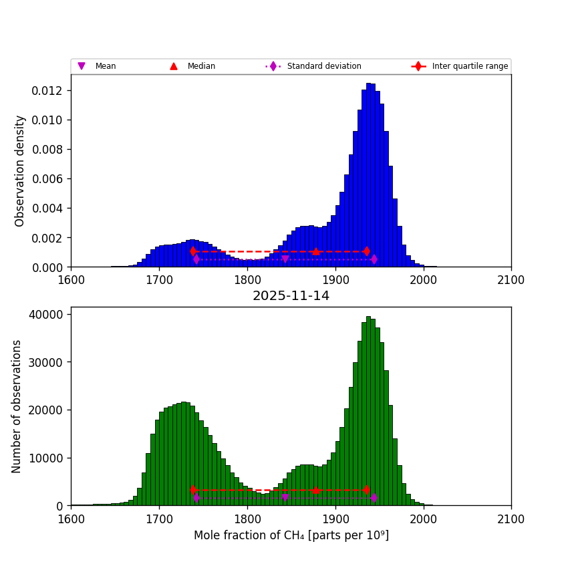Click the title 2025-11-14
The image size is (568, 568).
291,296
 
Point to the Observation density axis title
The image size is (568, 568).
20,170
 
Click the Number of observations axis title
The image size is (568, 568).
17,406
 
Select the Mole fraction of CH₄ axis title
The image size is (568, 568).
291,535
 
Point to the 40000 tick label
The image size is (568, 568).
47,314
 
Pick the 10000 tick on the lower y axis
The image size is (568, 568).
47,458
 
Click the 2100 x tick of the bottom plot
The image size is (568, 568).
511,519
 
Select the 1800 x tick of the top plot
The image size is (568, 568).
247,280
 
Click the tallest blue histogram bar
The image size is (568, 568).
368,175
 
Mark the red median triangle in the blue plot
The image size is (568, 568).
315,251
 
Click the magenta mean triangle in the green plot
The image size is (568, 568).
285,498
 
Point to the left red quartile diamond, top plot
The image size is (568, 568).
193,251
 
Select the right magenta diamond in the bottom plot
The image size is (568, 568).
374,498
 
